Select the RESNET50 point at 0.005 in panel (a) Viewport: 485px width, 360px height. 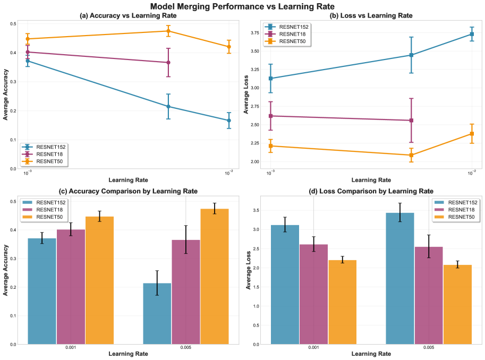pyautogui.click(x=168, y=31)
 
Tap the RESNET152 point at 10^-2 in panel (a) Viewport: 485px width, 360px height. pyautogui.click(x=229, y=121)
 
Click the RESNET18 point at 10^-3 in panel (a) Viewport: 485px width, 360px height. pyautogui.click(x=28, y=52)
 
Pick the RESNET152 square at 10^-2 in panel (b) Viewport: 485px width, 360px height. pyautogui.click(x=472, y=34)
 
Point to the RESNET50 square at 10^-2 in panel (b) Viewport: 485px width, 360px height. pyautogui.click(x=472, y=134)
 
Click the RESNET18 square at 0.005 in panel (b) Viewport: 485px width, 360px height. pyautogui.click(x=411, y=121)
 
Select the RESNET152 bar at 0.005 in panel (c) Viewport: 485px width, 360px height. pyautogui.click(x=157, y=313)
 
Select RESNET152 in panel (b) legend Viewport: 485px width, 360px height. pyautogui.click(x=295, y=26)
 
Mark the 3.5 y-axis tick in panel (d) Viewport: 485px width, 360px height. pyautogui.click(x=256, y=211)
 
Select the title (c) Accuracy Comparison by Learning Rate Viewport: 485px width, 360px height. pyautogui.click(x=123, y=191)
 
